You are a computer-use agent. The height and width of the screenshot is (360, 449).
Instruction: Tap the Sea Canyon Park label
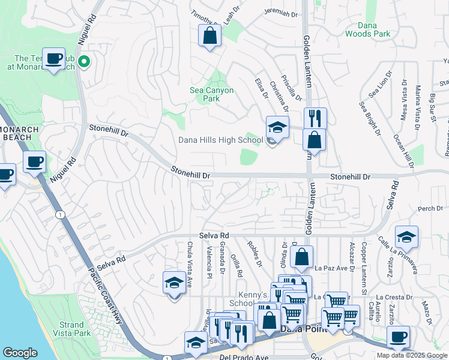tap(211, 94)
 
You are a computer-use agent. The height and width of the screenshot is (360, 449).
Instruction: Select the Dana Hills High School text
tap(220, 140)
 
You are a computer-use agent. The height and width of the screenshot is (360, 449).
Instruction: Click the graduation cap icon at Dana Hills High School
tap(277, 127)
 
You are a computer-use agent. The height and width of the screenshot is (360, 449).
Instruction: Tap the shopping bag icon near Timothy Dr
tap(210, 35)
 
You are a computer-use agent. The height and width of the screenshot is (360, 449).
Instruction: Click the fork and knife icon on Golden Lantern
tap(315, 118)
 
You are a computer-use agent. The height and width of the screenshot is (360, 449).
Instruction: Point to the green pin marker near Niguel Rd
tap(85, 61)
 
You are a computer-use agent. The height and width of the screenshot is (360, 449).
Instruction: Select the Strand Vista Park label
tap(71, 329)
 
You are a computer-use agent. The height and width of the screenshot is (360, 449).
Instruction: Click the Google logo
tap(20, 353)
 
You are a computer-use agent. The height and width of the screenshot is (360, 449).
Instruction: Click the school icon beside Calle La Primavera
tap(406, 236)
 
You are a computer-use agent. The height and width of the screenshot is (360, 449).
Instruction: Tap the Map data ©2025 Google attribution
tap(411, 355)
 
